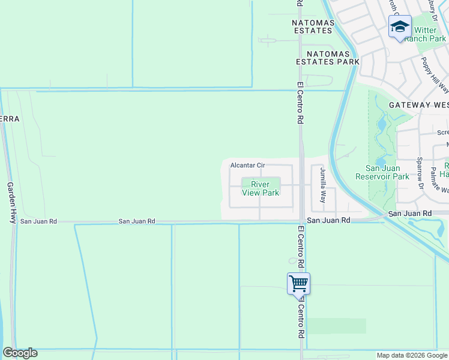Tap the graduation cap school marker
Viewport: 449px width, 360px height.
coord(400,27)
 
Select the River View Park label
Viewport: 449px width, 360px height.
coord(261,188)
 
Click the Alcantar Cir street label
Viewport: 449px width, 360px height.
coord(248,165)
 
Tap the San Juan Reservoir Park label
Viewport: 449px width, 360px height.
coord(388,172)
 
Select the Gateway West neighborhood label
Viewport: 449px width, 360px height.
coord(418,104)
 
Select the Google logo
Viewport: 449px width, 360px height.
coord(20,353)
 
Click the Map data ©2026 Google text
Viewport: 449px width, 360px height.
coord(412,355)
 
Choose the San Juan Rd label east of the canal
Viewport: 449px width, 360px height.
coord(410,214)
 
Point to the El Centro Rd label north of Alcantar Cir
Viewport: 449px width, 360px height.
coord(300,102)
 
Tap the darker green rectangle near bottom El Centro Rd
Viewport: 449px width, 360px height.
coord(336,326)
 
